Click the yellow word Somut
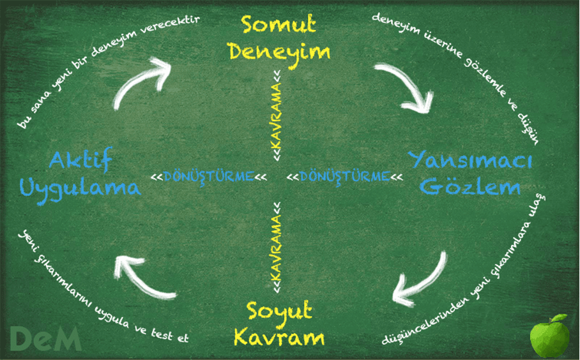[x=279, y=24]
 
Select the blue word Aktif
[x=80, y=160]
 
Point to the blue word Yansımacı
[x=470, y=160]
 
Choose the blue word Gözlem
[x=469, y=186]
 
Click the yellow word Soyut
[x=279, y=311]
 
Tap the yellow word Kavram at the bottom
[x=279, y=338]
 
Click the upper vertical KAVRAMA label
[x=277, y=116]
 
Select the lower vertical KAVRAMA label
[x=277, y=248]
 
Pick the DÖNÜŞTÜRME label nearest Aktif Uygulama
[x=209, y=177]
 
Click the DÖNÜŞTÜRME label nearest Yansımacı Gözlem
[x=345, y=177]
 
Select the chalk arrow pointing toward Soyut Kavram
[x=425, y=281]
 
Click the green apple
[x=549, y=336]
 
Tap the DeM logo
[x=45, y=338]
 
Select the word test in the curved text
[x=162, y=334]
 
